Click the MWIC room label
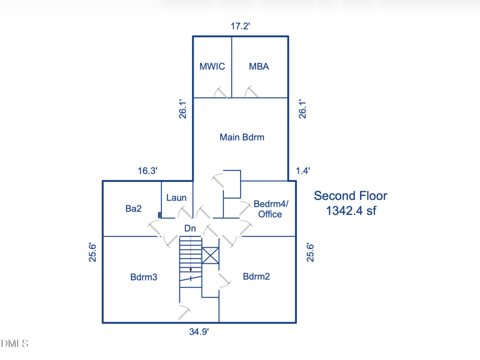click(x=212, y=67)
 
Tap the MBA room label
click(x=259, y=67)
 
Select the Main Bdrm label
click(x=242, y=137)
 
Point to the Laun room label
click(x=176, y=198)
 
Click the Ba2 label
click(x=133, y=208)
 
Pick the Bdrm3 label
click(x=143, y=277)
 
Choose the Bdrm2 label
click(x=256, y=277)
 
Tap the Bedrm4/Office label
click(x=271, y=209)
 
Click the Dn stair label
click(x=190, y=228)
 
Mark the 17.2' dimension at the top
click(x=241, y=26)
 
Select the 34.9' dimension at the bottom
click(x=199, y=332)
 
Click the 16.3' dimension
click(x=148, y=170)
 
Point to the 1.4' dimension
click(x=303, y=170)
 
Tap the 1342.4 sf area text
click(x=351, y=211)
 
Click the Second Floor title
click(x=350, y=196)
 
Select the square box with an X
click(x=211, y=256)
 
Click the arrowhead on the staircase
click(x=191, y=270)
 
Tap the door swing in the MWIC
click(x=221, y=92)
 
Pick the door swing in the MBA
click(x=251, y=92)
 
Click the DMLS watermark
click(x=14, y=343)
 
